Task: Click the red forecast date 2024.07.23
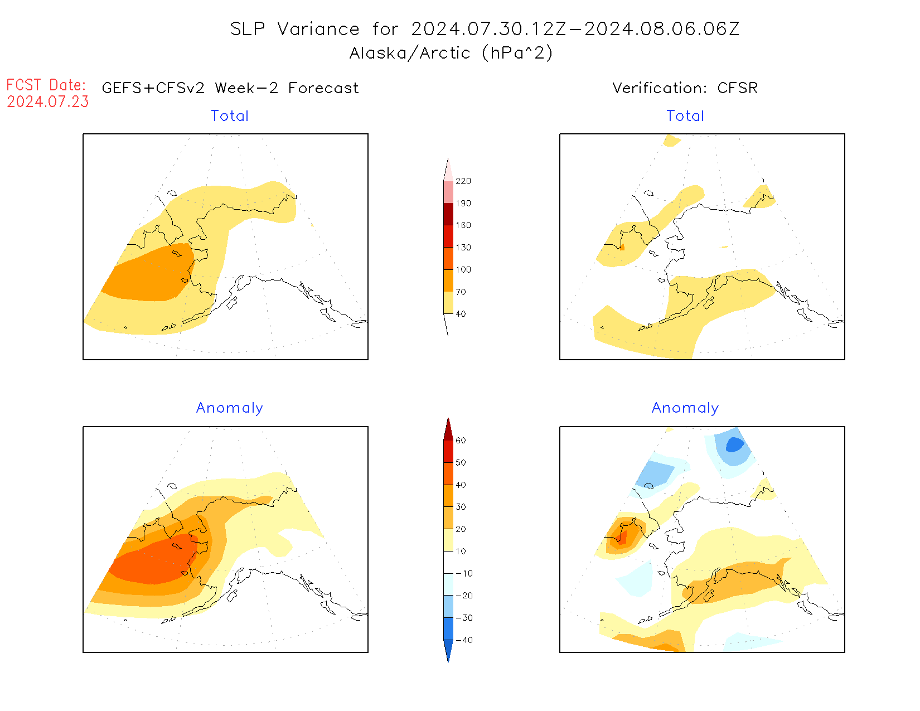[48, 102]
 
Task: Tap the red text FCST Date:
[46, 85]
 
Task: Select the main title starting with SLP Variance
[485, 29]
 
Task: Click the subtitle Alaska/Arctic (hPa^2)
[451, 53]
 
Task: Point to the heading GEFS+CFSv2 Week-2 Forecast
[230, 88]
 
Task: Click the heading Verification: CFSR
[685, 88]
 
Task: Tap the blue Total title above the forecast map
[230, 116]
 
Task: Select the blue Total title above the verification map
[685, 116]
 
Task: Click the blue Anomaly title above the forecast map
[229, 408]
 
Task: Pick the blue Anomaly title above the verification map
[685, 408]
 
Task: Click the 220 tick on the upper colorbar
[463, 181]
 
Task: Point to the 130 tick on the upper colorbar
[463, 248]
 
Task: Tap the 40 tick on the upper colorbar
[461, 314]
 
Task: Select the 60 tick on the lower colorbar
[461, 441]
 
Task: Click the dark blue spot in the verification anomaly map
[734, 444]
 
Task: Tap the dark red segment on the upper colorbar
[448, 214]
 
